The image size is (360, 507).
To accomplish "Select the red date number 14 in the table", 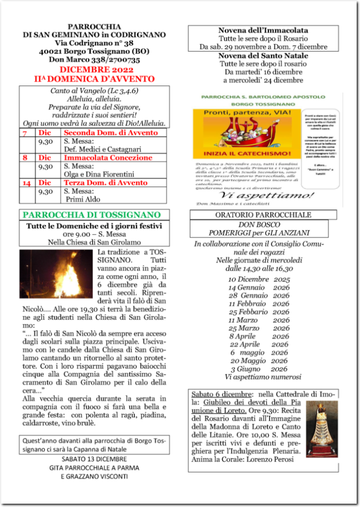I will pos(26,182).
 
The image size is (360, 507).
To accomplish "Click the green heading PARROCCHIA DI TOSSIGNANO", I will pos(91,215).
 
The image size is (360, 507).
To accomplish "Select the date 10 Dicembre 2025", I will pos(259,279).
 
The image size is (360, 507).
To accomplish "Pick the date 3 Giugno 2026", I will pos(259,368).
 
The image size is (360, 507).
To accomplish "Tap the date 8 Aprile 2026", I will pos(259,336).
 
